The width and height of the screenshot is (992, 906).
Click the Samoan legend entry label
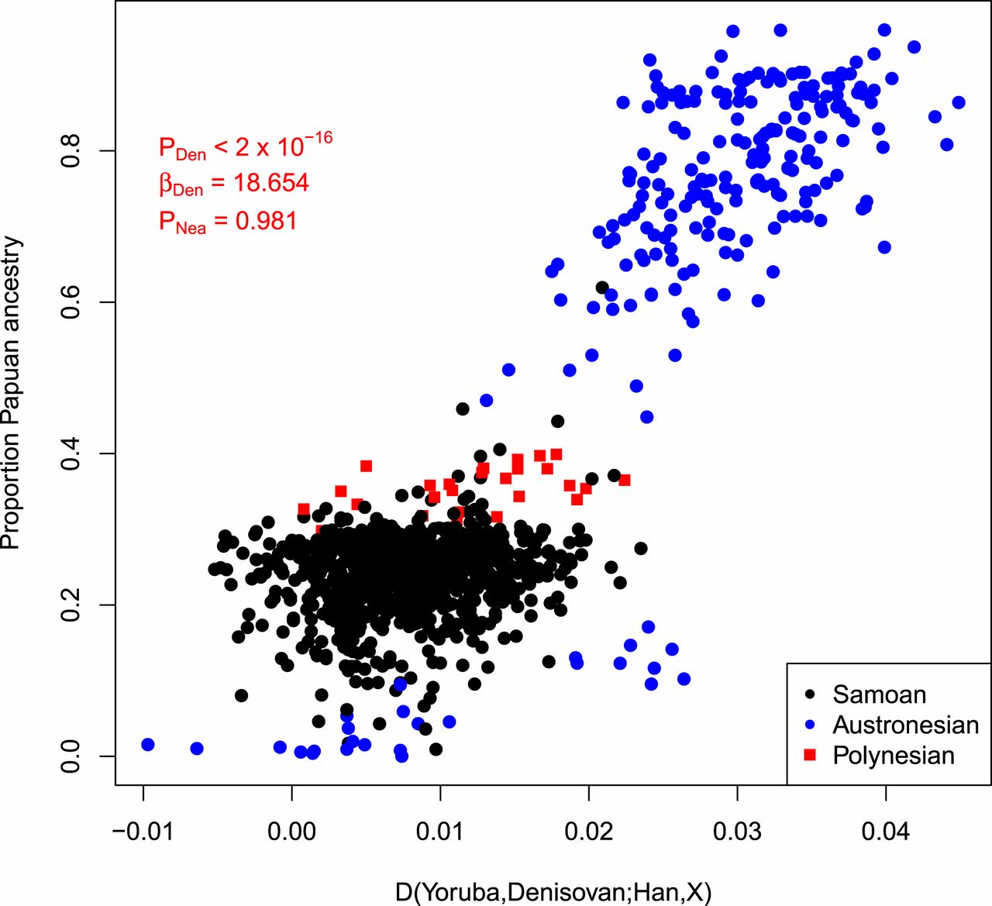tap(879, 694)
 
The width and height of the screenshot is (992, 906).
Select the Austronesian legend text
tap(905, 725)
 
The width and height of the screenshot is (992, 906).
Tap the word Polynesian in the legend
tap(893, 756)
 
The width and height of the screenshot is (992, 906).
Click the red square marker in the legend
tap(810, 756)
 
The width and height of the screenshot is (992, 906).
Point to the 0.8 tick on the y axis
tap(71, 150)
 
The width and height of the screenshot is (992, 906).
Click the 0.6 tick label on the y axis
tap(71, 301)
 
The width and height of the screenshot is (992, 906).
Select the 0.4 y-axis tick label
tap(71, 453)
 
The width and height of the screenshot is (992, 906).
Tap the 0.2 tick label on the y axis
tap(71, 605)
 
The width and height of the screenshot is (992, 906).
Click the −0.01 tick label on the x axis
tap(143, 832)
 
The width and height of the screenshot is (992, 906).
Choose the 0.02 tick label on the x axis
tap(588, 832)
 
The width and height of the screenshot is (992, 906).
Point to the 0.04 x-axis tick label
tap(885, 832)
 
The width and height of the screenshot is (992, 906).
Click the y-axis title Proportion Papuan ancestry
tap(11, 393)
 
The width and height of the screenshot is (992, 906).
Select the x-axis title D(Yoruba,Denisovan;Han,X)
tap(553, 892)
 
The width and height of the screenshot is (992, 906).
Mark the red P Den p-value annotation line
tap(245, 146)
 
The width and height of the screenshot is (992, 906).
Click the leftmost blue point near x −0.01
tap(148, 745)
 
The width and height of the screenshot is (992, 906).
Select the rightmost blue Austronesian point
tap(959, 102)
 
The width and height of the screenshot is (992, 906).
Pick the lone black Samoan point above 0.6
tap(602, 288)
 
